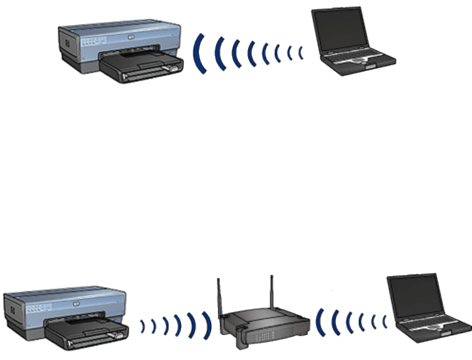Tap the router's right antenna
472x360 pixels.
coord(272,292)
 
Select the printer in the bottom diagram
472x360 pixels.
coord(66,317)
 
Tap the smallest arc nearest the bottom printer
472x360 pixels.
coord(143,325)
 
